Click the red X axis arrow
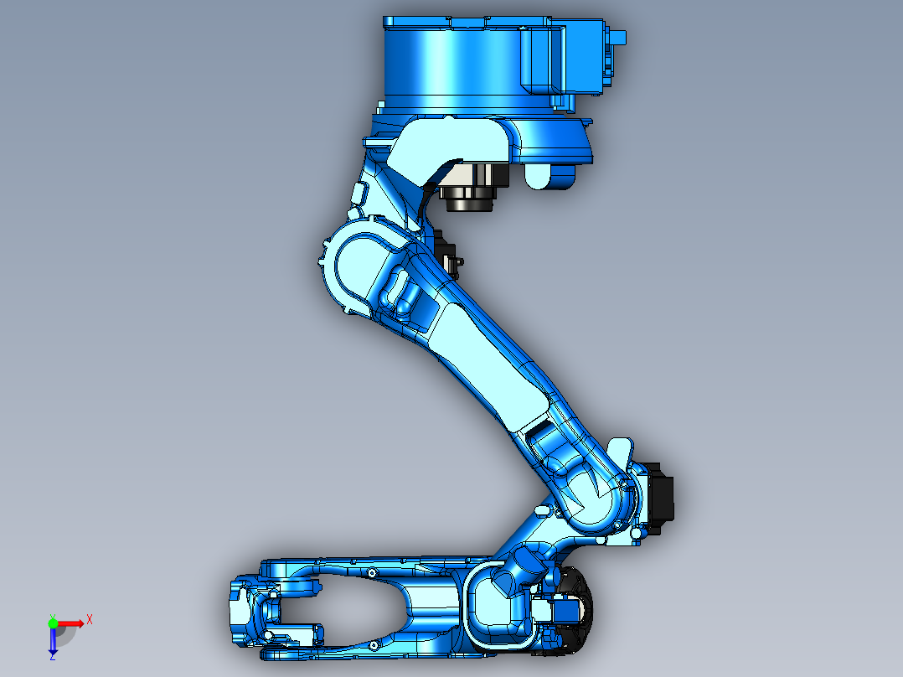pos(77,623)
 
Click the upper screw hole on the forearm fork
pos(370,574)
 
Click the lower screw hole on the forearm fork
pos(370,644)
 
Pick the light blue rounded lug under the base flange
pos(549,176)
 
